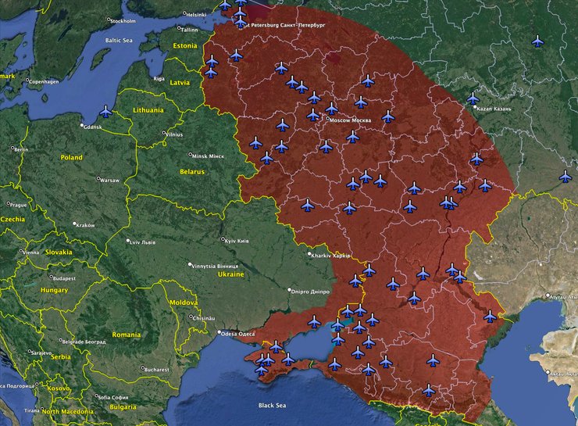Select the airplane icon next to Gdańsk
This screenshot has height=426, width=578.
pyautogui.click(x=105, y=112)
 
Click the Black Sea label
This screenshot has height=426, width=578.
pyautogui.click(x=272, y=406)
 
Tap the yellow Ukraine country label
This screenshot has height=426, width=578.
pyautogui.click(x=230, y=274)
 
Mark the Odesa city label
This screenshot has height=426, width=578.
pyautogui.click(x=237, y=334)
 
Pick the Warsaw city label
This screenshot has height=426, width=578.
pyautogui.click(x=109, y=181)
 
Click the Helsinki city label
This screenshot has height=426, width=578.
pyautogui.click(x=196, y=14)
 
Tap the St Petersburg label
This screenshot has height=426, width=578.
pyautogui.click(x=286, y=25)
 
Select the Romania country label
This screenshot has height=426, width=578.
pyautogui.click(x=126, y=335)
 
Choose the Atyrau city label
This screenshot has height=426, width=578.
pyautogui.click(x=561, y=298)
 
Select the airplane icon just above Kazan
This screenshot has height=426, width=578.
pyautogui.click(x=473, y=98)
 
